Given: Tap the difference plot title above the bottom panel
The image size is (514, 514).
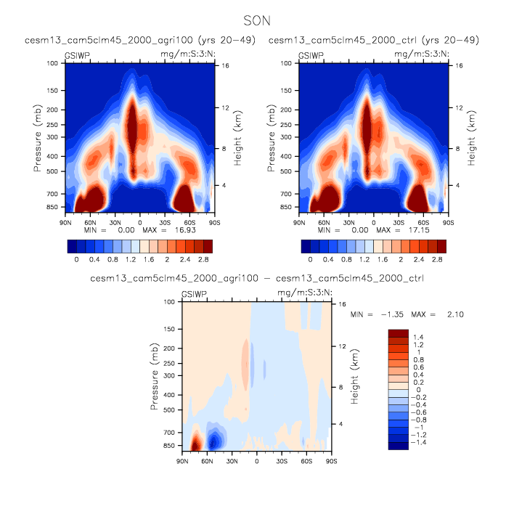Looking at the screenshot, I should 256,278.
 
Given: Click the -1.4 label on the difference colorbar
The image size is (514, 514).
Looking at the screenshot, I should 420,441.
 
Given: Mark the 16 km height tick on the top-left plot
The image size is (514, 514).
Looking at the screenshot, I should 225,66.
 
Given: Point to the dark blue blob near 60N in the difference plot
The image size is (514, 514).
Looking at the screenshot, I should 213,441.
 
